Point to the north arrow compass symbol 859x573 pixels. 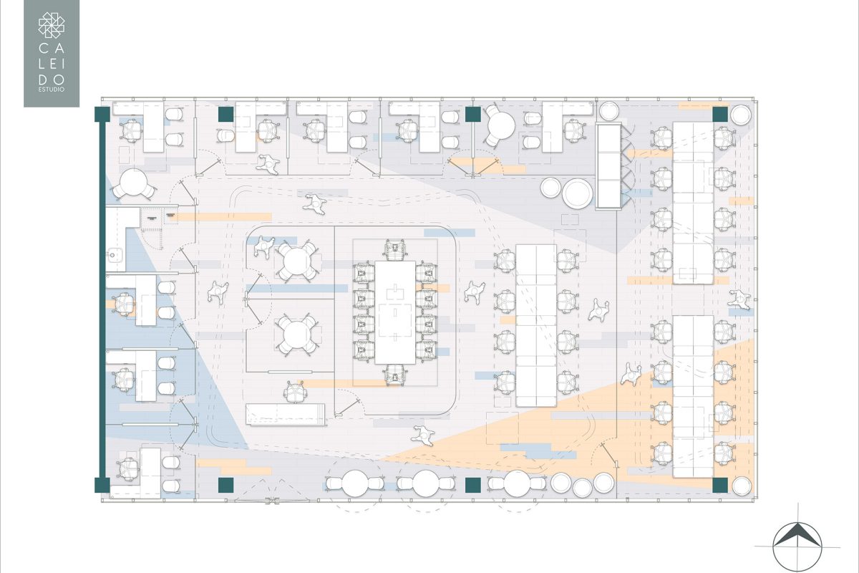click(797, 539)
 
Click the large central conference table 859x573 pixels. click(391, 312)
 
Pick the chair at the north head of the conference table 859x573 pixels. click(393, 250)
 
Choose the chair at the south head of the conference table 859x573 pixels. click(393, 374)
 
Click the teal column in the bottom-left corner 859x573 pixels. click(102, 485)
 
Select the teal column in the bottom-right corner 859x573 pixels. click(719, 485)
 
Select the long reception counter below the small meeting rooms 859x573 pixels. click(285, 413)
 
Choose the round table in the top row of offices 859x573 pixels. click(499, 125)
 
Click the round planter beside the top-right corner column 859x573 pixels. click(740, 113)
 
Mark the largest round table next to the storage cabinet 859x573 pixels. click(577, 193)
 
